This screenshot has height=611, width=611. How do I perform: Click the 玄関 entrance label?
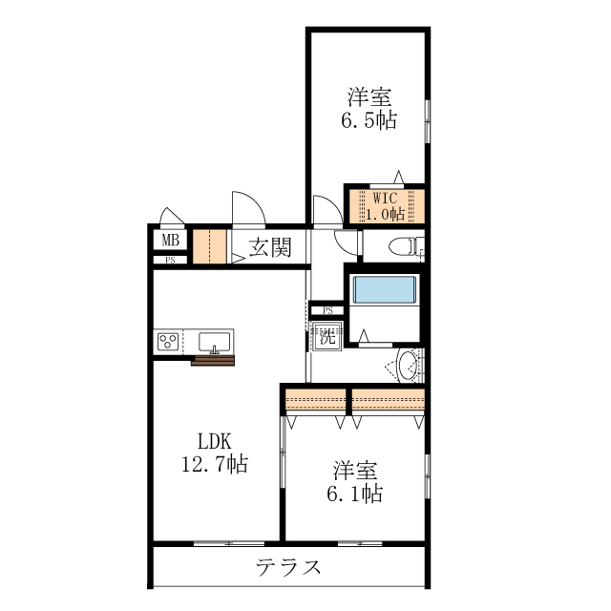[x=270, y=248]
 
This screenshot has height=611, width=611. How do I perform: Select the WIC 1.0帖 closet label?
[x=385, y=204]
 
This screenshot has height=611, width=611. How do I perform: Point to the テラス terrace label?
[x=287, y=566]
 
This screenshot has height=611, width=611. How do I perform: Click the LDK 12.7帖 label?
[x=215, y=453]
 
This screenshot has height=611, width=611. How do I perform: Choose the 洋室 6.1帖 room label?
[x=357, y=482]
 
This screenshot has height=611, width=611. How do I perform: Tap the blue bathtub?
[x=384, y=289]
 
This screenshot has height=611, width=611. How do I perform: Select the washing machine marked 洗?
[x=327, y=336]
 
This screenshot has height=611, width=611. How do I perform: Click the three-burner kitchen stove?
[x=170, y=342]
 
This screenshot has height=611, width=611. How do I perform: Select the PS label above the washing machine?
[x=327, y=310]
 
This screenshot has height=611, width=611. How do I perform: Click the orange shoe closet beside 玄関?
[x=209, y=247]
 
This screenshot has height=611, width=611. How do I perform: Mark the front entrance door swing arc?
[x=247, y=208]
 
